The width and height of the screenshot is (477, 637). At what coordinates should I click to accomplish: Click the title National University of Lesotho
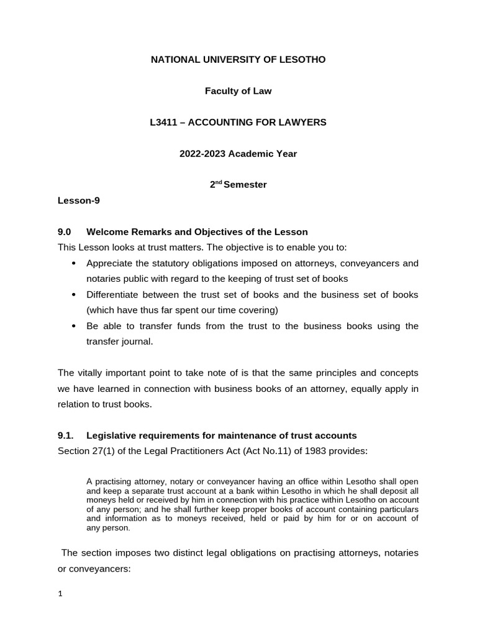(238, 60)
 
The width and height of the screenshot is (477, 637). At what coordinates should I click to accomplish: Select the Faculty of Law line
(238, 91)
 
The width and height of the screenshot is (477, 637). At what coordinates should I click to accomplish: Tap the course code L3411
(163, 123)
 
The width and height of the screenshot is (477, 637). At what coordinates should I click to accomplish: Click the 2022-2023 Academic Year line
(238, 154)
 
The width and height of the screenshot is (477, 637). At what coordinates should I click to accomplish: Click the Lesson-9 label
(79, 200)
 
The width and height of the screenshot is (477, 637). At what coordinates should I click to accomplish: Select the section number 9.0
(65, 232)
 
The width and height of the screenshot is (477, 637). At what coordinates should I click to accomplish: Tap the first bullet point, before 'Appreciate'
(75, 264)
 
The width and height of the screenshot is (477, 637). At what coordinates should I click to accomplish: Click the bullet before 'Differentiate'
(75, 295)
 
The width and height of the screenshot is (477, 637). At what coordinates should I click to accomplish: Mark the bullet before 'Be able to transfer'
(75, 326)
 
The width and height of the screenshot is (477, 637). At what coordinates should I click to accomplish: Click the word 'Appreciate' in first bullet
(111, 263)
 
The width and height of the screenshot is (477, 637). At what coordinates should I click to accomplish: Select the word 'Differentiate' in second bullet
(116, 294)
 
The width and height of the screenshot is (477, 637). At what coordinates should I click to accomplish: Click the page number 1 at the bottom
(60, 594)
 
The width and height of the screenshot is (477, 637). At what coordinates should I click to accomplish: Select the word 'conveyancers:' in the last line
(101, 568)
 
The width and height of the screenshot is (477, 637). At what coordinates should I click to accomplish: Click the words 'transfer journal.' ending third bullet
(119, 341)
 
